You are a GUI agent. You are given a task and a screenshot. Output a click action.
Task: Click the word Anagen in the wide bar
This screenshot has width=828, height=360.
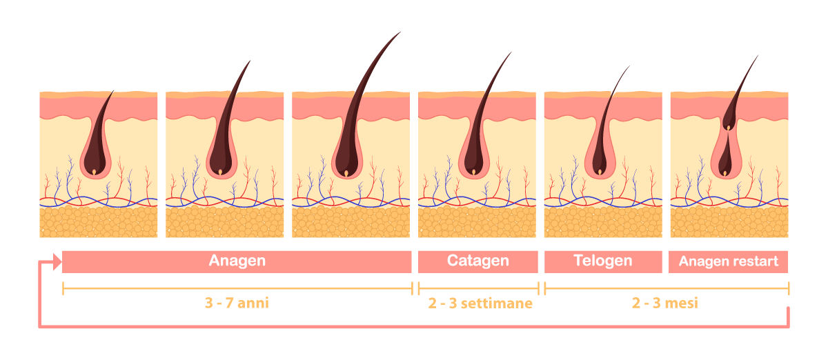[x=237, y=261]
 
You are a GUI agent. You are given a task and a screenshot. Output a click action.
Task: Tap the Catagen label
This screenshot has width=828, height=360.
[x=478, y=261]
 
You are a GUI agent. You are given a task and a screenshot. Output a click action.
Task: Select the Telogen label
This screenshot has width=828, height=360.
[x=603, y=261]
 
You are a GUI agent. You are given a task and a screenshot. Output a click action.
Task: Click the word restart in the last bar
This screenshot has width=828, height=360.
[x=756, y=261]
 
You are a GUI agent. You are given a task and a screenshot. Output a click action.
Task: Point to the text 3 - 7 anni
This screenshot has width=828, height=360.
[x=237, y=303]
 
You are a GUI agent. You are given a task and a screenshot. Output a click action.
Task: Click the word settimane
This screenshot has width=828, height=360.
[x=496, y=303]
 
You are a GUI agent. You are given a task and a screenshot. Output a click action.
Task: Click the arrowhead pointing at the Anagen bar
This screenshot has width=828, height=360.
[x=57, y=261]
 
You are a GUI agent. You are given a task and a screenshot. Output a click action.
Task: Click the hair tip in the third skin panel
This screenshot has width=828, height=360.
[x=400, y=32]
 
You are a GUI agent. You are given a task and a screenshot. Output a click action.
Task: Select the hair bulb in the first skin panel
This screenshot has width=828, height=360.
[x=95, y=162]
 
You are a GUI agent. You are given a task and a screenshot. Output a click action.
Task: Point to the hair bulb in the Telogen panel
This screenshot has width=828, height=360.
[x=599, y=162]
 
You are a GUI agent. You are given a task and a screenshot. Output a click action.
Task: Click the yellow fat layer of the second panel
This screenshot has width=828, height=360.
[x=225, y=222]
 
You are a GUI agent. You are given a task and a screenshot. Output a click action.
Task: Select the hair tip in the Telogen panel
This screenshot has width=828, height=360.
[x=629, y=66]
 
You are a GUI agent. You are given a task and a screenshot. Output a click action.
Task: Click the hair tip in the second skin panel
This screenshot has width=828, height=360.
[x=250, y=61]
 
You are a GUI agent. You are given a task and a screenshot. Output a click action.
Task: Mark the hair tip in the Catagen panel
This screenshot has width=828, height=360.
[x=511, y=52]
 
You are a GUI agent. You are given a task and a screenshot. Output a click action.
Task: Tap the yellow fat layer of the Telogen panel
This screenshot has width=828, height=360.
[x=603, y=222]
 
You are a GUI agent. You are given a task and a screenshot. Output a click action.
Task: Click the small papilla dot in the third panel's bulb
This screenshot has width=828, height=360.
[x=346, y=173]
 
